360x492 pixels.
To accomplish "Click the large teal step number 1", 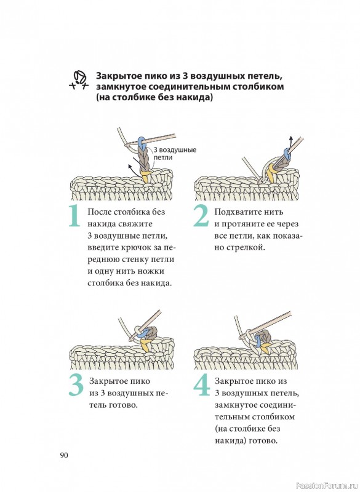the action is [74, 216].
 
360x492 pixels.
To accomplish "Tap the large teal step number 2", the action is [201, 216].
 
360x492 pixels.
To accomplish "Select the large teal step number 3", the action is [76, 385].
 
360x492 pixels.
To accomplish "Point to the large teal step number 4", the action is [201, 385].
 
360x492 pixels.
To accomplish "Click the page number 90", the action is [64, 455].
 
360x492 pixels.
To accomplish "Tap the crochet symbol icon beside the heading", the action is [79, 81].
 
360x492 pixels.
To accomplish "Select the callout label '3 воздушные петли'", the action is [175, 153].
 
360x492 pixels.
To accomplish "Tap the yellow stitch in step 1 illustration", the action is [145, 176].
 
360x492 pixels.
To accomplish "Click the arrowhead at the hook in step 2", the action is [291, 139].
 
